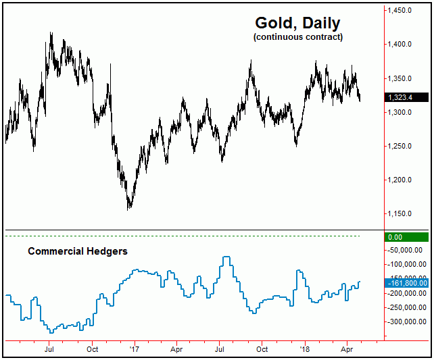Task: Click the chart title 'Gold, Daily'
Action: (x=298, y=24)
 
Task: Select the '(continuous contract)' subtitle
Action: (x=298, y=37)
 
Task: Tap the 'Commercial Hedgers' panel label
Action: (x=78, y=251)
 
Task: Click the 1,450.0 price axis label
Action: (x=400, y=11)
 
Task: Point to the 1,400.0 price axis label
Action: (x=400, y=45)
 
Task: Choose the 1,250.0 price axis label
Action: (x=400, y=146)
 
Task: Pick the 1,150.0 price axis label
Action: (x=400, y=213)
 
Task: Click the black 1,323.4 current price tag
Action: (x=406, y=97)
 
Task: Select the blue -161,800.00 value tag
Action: (x=406, y=282)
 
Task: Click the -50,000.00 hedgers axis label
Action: (x=405, y=250)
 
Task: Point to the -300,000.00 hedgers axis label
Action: (x=405, y=322)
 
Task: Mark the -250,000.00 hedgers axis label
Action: (x=405, y=307)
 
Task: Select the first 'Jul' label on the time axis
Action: (x=49, y=349)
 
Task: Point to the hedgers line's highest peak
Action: (x=227, y=257)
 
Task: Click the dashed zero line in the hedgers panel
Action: (x=183, y=236)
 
